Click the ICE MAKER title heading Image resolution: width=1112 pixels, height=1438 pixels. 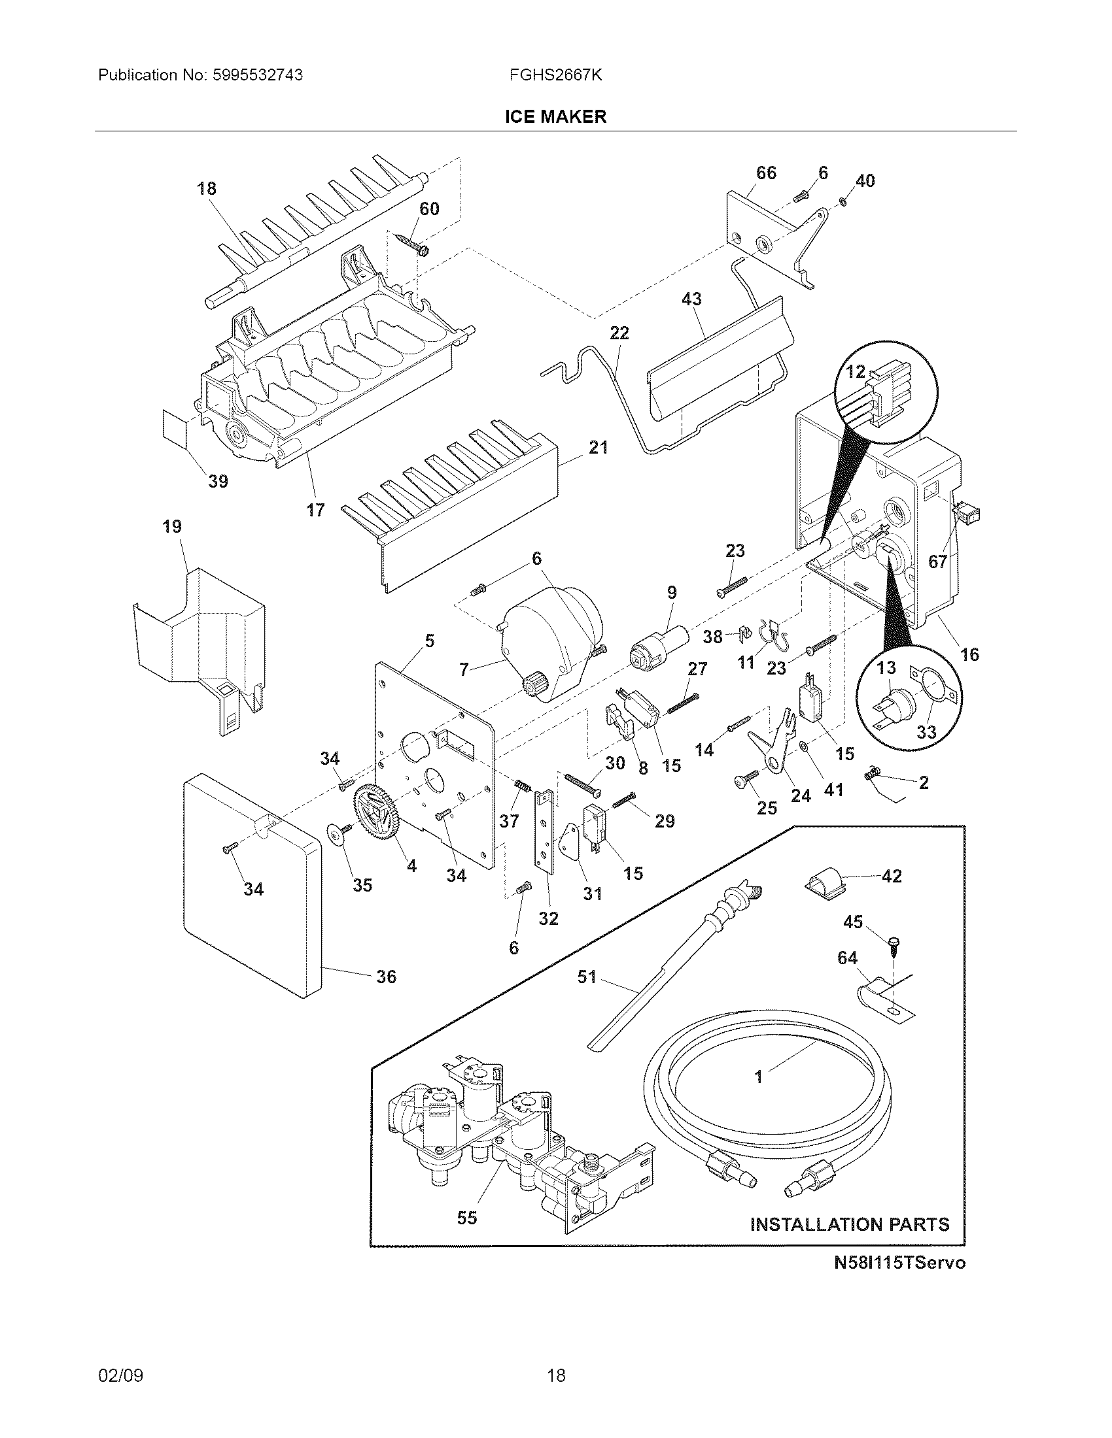(555, 117)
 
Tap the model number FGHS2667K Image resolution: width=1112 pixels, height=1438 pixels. (555, 75)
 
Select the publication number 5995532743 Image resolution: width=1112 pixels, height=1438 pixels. (258, 75)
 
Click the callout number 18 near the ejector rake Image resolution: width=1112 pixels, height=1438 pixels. (206, 189)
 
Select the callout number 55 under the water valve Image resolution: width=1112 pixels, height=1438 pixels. (466, 1218)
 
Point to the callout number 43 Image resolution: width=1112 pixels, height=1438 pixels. (691, 299)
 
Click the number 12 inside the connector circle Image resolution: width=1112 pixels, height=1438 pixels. (855, 372)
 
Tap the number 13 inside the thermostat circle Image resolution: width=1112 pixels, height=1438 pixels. (886, 667)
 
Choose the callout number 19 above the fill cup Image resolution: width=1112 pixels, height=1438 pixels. (172, 527)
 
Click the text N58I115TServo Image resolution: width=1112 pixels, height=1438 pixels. (899, 1263)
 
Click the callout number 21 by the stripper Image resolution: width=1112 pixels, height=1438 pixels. (598, 448)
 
